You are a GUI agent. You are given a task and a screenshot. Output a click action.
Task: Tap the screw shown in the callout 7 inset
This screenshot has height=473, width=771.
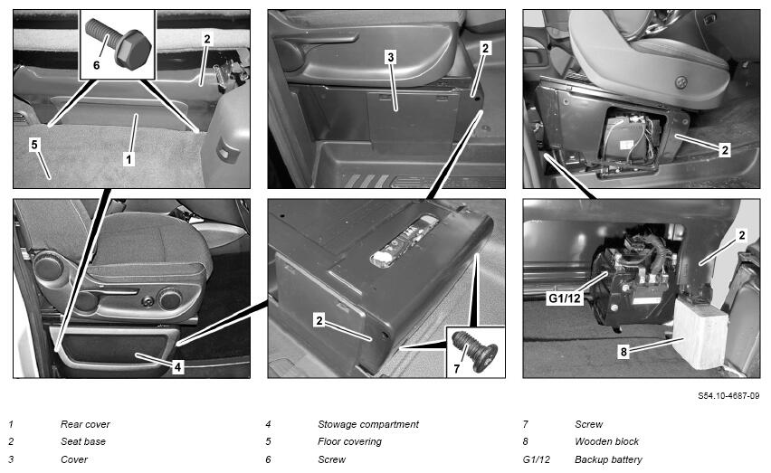(x=475, y=350)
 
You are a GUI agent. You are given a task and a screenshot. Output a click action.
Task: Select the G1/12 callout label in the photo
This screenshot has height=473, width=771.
(x=564, y=298)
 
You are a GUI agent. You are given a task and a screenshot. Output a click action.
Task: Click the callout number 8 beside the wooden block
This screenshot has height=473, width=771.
(x=623, y=352)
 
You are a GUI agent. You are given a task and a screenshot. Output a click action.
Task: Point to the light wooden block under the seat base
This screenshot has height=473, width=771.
(x=700, y=333)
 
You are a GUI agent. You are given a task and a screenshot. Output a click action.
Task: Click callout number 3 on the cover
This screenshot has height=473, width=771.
(x=390, y=58)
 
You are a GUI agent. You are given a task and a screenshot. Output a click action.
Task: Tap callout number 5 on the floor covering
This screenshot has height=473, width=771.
(x=33, y=145)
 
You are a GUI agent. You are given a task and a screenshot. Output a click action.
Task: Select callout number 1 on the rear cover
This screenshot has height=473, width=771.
(x=128, y=159)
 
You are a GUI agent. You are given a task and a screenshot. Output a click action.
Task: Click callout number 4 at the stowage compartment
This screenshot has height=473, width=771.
(x=177, y=366)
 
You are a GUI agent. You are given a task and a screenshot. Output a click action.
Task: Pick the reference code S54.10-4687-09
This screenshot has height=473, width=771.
(x=728, y=395)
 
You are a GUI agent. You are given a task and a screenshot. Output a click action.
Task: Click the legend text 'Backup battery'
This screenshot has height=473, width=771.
(x=608, y=459)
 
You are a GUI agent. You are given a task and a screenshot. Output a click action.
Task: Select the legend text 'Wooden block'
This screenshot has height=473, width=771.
(x=606, y=441)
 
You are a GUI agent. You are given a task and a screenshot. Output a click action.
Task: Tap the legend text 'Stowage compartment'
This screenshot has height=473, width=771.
(x=368, y=424)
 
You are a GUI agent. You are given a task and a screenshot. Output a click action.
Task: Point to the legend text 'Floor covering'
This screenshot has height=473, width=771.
(x=349, y=441)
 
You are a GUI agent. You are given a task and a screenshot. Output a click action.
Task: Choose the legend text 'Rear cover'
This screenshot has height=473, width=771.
(x=85, y=424)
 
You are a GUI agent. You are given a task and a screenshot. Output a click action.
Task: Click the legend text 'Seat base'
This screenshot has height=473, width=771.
(x=83, y=441)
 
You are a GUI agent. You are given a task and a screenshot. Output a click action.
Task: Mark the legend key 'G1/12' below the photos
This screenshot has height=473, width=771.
(x=536, y=459)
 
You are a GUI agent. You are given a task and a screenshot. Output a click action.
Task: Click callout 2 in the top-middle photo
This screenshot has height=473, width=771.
(x=485, y=48)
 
